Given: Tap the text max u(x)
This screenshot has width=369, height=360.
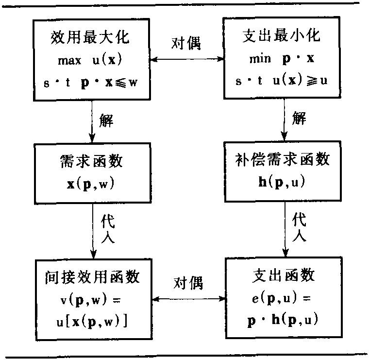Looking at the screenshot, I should (x=91, y=61).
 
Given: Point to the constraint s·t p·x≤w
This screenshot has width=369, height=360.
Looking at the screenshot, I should (x=91, y=82).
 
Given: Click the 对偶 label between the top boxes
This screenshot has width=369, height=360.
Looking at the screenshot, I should (x=186, y=43).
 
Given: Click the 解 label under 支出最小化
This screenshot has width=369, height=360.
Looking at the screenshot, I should (x=299, y=118).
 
